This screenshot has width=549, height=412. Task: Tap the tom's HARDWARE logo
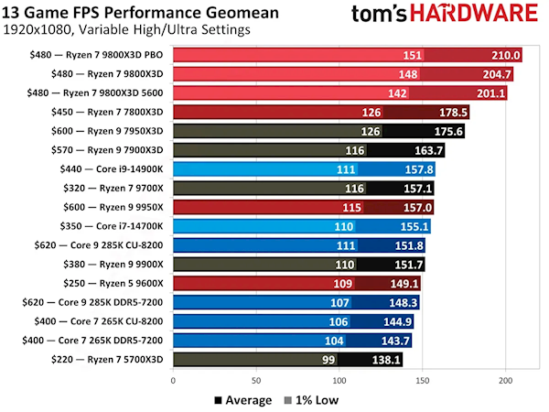(448, 16)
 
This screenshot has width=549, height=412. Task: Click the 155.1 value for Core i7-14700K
(413, 227)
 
